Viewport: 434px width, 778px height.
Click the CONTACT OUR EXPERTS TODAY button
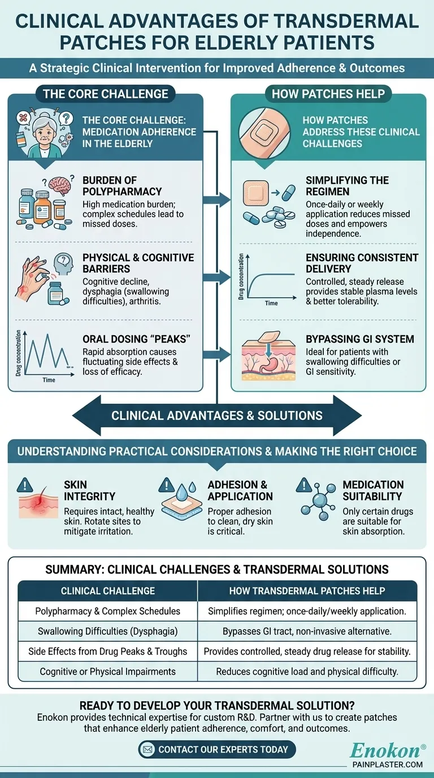(217, 750)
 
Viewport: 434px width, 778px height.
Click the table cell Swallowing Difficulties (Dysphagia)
(107, 631)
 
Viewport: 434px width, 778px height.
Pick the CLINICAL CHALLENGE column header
(107, 591)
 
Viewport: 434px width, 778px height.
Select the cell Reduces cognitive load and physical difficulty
(307, 672)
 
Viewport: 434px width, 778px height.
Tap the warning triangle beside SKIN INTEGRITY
(25, 485)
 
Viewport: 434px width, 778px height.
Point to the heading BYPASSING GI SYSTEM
(360, 339)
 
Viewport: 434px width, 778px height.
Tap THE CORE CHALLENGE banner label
(105, 94)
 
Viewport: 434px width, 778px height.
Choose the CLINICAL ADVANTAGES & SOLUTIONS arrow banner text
(217, 416)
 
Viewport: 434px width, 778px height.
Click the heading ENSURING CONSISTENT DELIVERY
(362, 263)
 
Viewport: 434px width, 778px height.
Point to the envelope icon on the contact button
(149, 750)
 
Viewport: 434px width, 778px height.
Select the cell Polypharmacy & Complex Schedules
(107, 611)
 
